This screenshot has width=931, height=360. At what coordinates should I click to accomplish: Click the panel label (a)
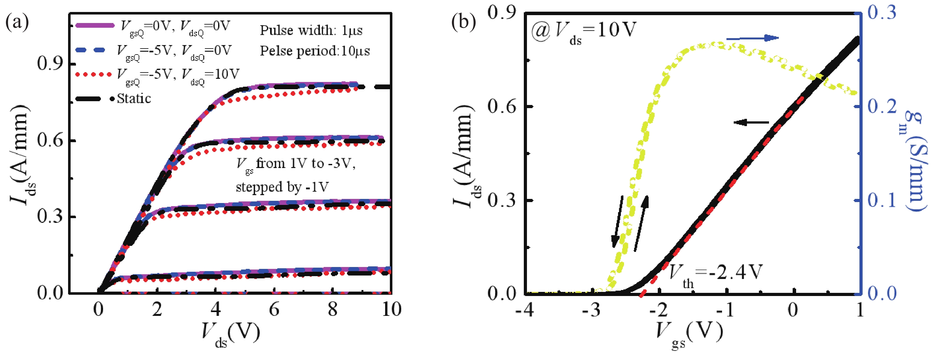click(17, 22)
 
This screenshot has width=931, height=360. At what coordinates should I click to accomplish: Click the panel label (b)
click(464, 22)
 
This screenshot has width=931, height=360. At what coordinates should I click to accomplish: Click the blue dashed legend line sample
click(90, 50)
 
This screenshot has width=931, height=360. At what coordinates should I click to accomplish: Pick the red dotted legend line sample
click(93, 74)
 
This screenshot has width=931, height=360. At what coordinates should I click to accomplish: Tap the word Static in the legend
click(134, 99)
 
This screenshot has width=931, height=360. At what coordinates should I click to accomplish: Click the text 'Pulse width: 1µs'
click(311, 30)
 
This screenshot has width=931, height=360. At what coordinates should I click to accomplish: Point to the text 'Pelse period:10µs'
click(315, 51)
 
